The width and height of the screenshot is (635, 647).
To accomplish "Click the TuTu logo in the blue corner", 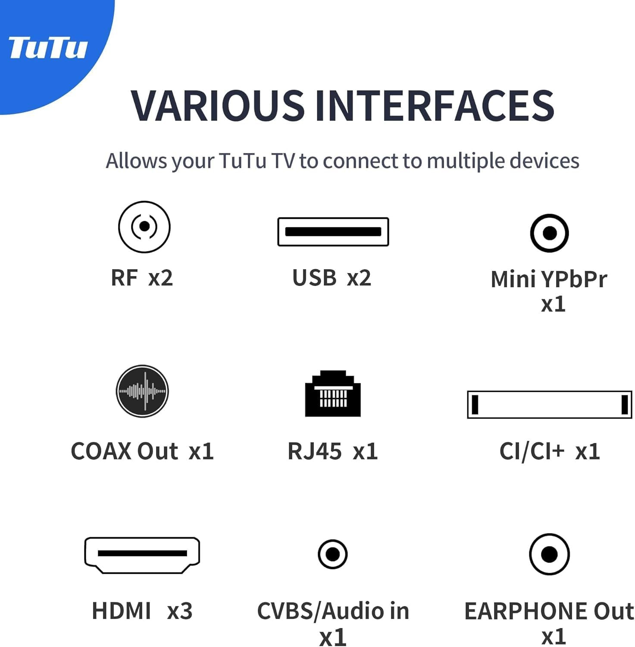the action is click(x=48, y=47).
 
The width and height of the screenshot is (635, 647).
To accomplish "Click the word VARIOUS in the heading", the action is click(x=218, y=105).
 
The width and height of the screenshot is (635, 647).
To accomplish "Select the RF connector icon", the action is click(x=144, y=226).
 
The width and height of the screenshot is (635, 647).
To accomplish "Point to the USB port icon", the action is click(x=333, y=232).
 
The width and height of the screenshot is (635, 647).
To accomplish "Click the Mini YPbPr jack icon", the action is click(x=549, y=233).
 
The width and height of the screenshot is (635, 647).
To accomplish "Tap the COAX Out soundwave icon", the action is click(x=142, y=391).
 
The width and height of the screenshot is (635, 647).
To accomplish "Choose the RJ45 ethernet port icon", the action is click(x=333, y=393).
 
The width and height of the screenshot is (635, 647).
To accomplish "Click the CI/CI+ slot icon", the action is click(x=550, y=405).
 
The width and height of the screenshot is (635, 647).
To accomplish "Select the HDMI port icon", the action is click(x=142, y=555).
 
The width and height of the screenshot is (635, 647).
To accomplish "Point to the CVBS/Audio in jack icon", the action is click(x=333, y=554).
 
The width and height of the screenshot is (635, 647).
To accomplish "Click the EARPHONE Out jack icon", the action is click(x=549, y=554).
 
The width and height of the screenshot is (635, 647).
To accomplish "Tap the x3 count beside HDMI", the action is click(x=180, y=611).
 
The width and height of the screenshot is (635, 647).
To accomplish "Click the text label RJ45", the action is click(x=315, y=452).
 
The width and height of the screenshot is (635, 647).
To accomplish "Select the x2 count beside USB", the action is click(x=359, y=278).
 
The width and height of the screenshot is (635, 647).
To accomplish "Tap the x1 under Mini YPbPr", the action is click(x=553, y=305).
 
